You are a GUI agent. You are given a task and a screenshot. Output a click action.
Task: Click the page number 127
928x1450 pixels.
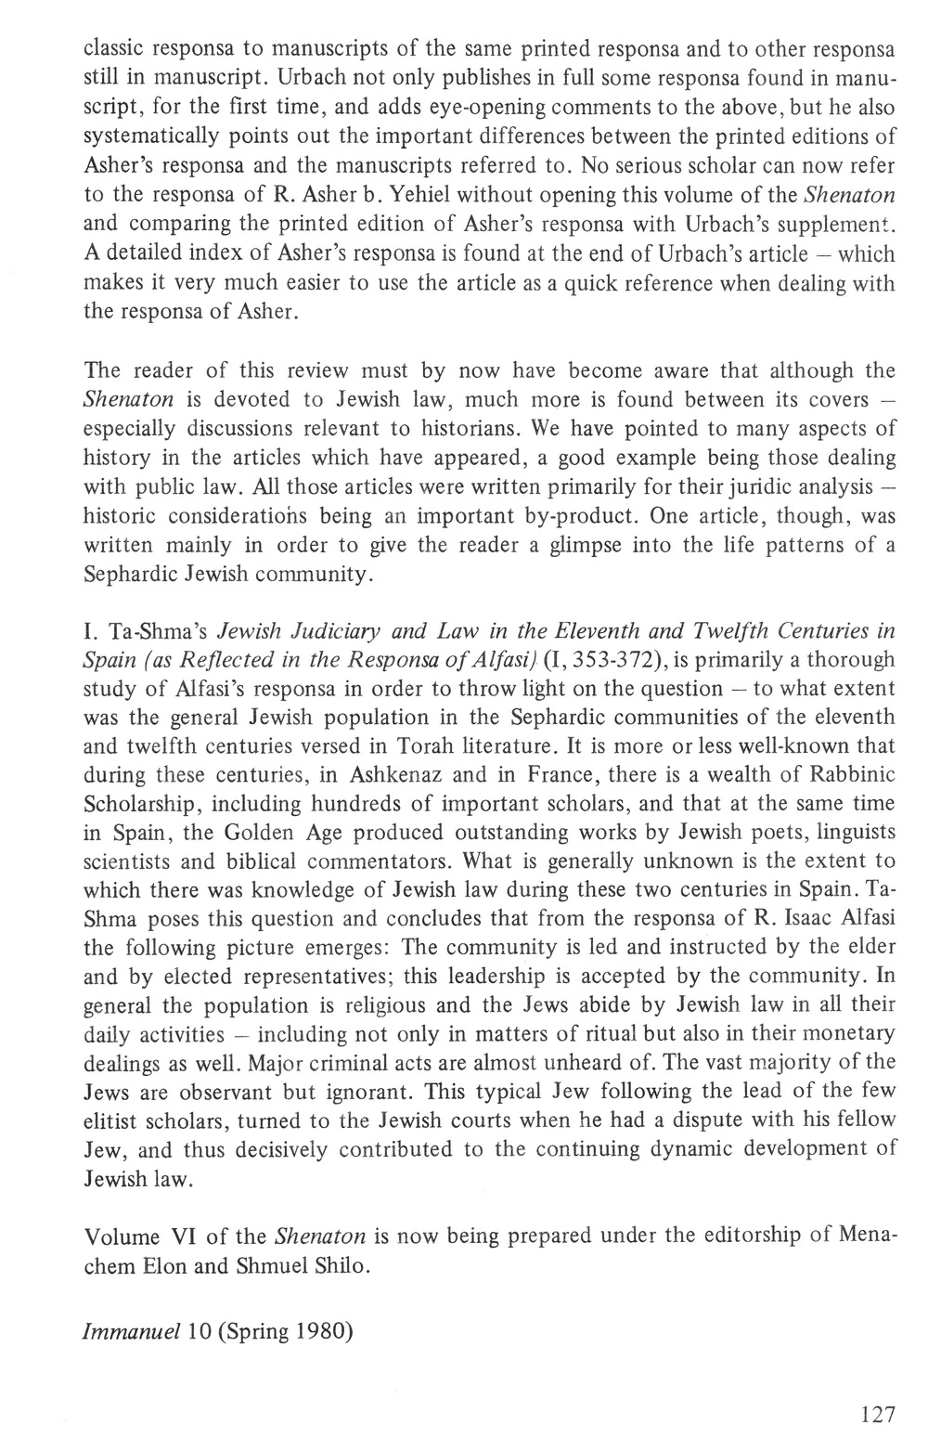[x=878, y=1414]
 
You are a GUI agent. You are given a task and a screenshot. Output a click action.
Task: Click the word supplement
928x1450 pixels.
[x=845, y=224]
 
